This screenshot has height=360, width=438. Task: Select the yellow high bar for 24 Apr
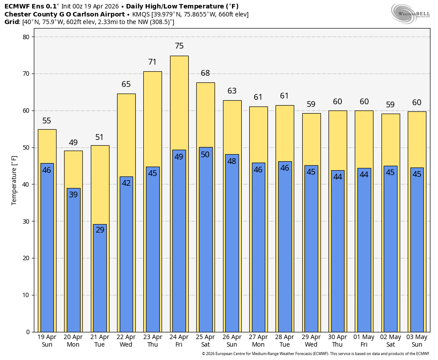click(x=179, y=102)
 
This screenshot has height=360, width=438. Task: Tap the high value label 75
click(x=179, y=46)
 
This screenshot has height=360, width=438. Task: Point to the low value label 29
click(x=100, y=230)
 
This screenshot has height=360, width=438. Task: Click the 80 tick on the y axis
click(x=25, y=37)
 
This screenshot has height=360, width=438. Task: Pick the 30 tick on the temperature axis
click(x=25, y=221)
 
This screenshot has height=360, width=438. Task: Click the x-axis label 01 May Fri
click(x=364, y=341)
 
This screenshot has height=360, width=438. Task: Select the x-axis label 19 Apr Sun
click(x=47, y=341)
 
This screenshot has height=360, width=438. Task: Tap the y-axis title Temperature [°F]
click(x=14, y=180)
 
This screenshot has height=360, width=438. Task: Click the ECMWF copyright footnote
click(x=316, y=354)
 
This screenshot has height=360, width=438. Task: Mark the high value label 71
click(x=153, y=62)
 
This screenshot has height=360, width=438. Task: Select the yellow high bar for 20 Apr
click(x=73, y=169)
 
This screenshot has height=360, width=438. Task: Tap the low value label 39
click(x=73, y=195)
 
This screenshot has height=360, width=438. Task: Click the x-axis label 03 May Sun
click(x=417, y=341)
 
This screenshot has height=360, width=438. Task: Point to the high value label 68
click(x=205, y=73)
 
